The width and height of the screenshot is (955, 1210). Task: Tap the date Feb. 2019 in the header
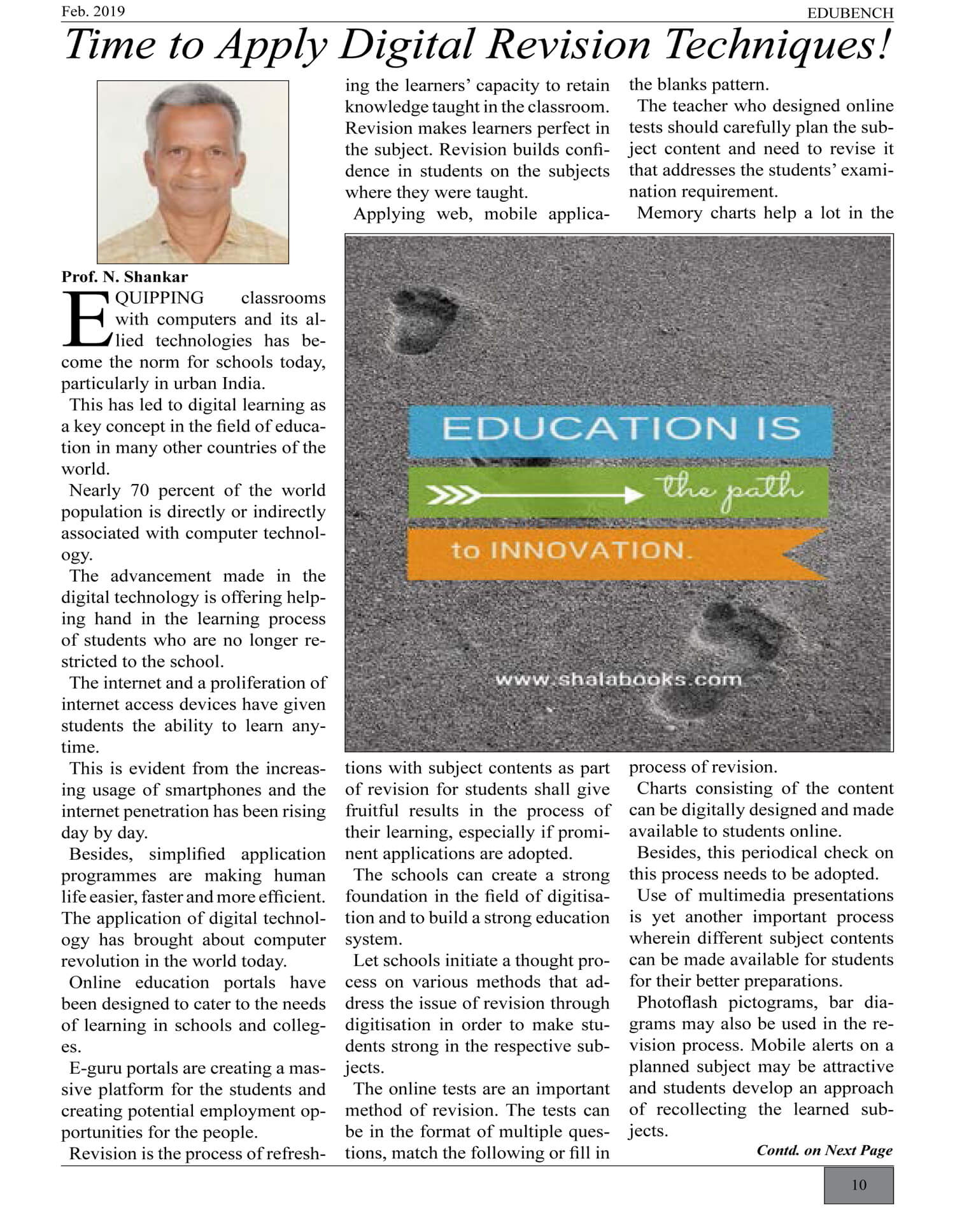pyautogui.click(x=93, y=11)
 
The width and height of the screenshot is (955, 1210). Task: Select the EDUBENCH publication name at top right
pyautogui.click(x=850, y=13)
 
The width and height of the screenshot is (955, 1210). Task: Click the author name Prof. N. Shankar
pyautogui.click(x=125, y=277)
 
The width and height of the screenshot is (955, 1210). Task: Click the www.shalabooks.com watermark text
pyautogui.click(x=618, y=680)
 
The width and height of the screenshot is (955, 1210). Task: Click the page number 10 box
pyautogui.click(x=859, y=1185)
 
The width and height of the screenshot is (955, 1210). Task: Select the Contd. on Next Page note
pyautogui.click(x=824, y=1150)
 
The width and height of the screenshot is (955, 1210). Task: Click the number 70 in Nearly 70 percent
pyautogui.click(x=140, y=490)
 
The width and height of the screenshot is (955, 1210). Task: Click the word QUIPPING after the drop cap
pyautogui.click(x=159, y=298)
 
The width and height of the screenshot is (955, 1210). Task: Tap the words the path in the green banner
pyautogui.click(x=732, y=491)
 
